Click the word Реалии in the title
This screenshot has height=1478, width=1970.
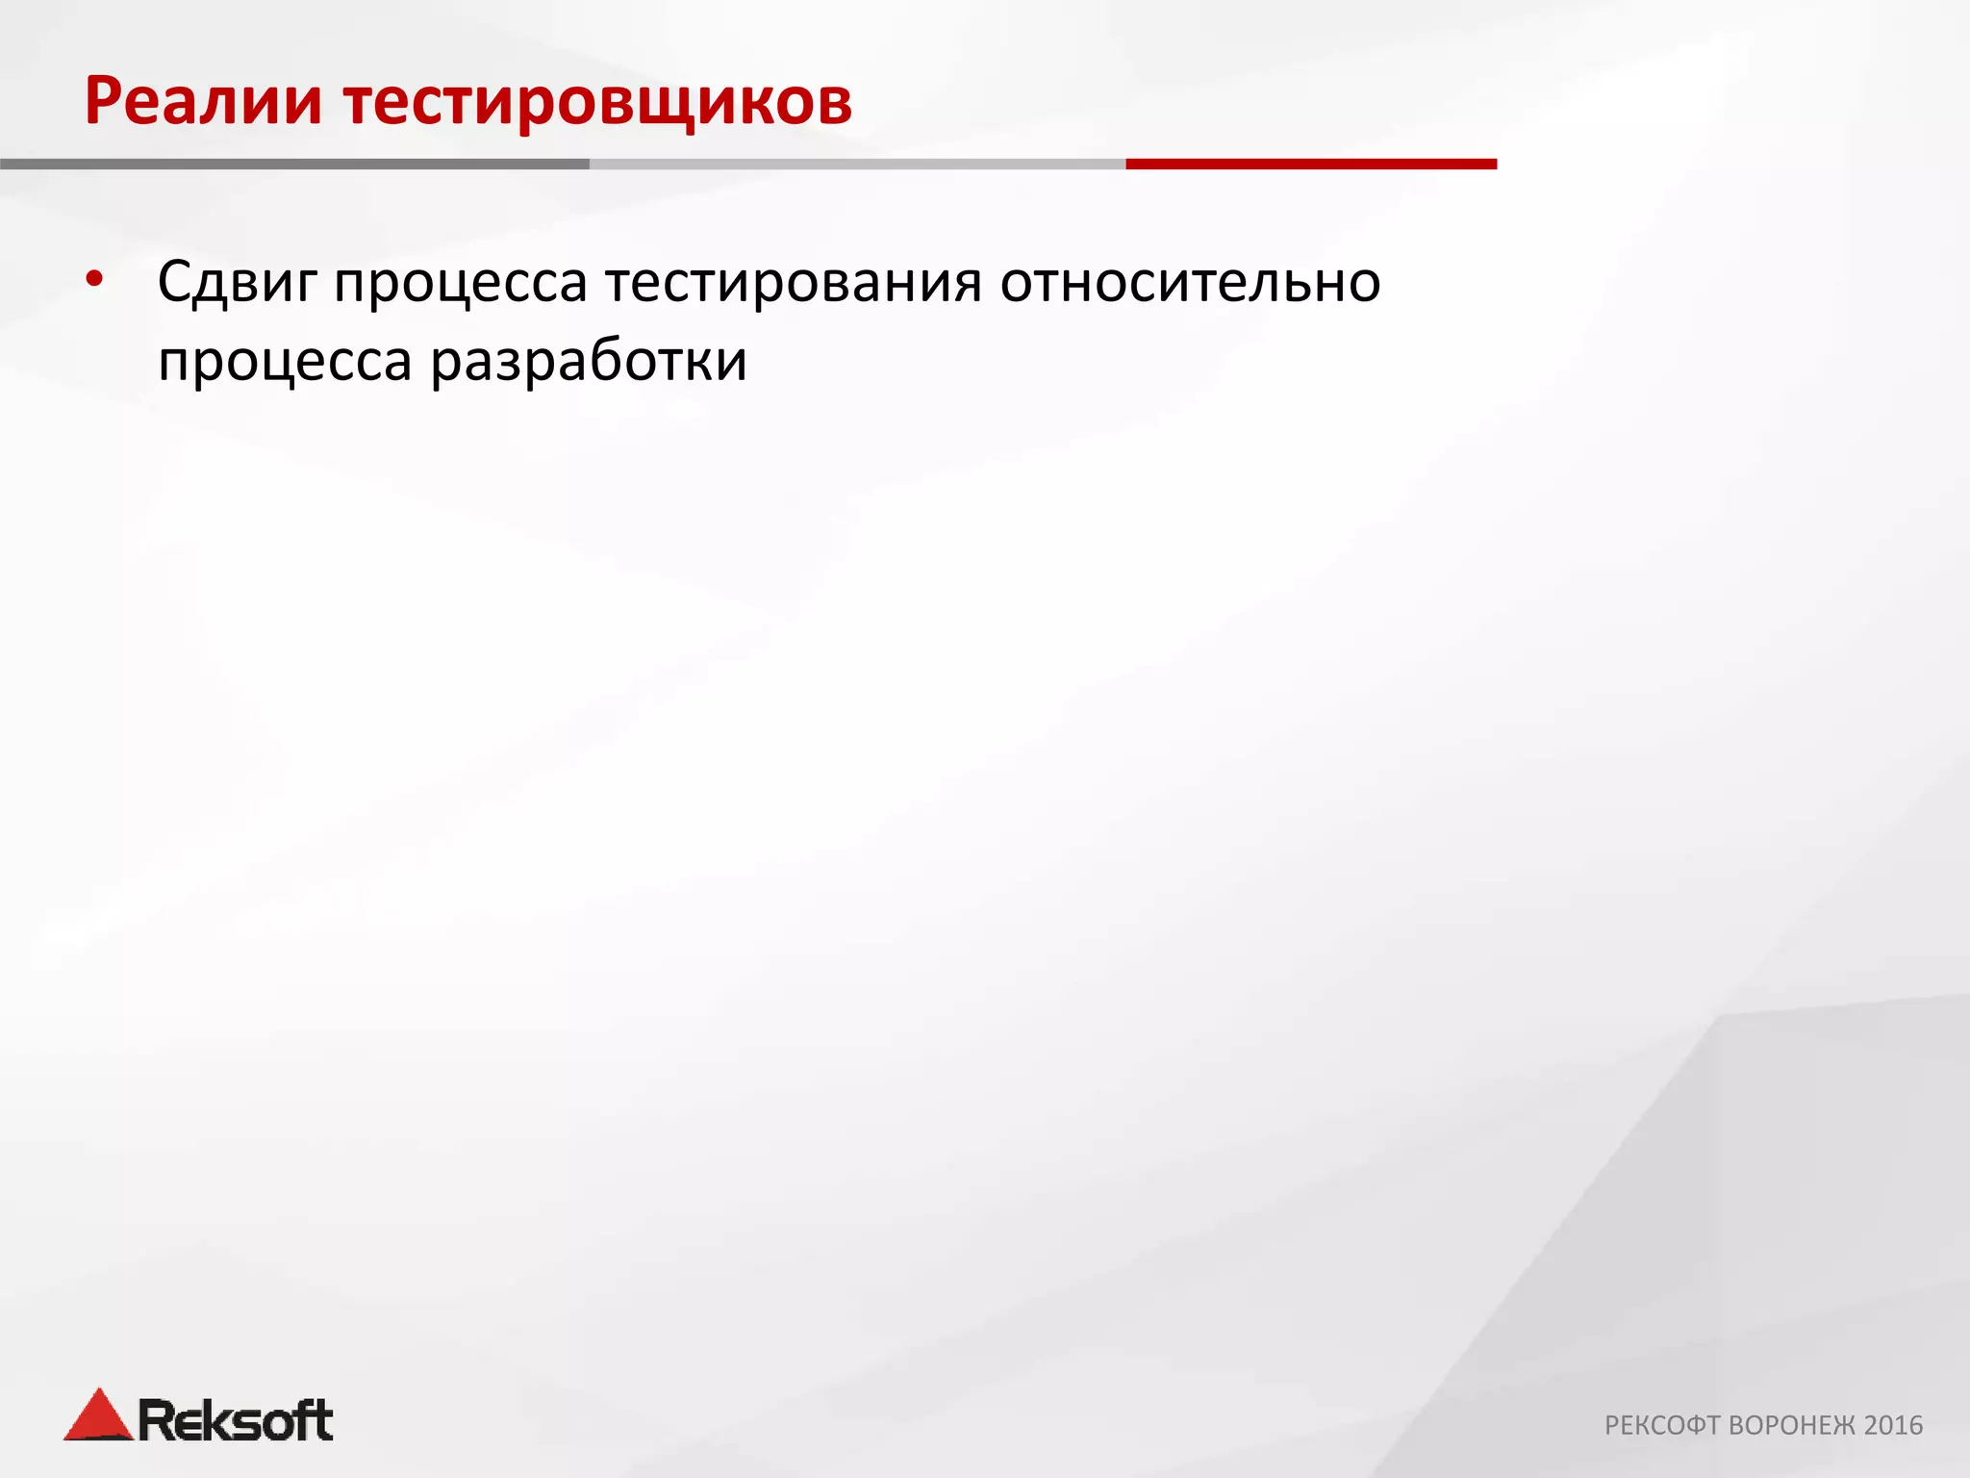pos(203,101)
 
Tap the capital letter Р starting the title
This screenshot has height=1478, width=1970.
pos(104,101)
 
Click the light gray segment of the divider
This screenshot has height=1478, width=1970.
pos(856,165)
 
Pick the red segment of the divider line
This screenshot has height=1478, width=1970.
pos(1310,165)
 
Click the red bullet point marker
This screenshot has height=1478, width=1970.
pos(93,280)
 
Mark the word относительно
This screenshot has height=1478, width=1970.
pos(1190,283)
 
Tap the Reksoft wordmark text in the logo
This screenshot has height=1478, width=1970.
pos(236,1421)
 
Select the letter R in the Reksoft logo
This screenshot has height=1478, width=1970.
pos(157,1420)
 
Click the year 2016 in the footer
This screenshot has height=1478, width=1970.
pos(1893,1425)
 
